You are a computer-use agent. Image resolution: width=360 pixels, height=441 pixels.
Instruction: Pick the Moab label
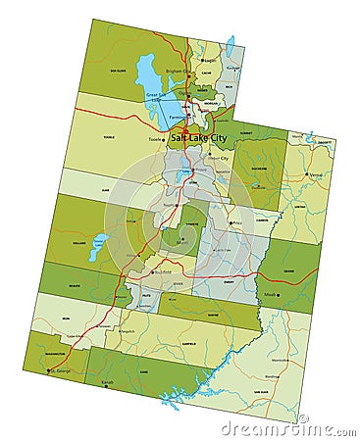pyautogui.click(x=270, y=292)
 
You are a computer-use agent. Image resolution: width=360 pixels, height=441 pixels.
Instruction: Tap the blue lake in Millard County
pyautogui.click(x=98, y=247)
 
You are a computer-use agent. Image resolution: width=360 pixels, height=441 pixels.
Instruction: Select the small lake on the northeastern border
pyautogui.click(x=231, y=45)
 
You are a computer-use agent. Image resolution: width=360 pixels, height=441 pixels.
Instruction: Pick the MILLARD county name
pyautogui.click(x=78, y=243)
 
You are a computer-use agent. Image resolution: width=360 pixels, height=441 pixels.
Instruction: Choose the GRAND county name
pyautogui.click(x=290, y=268)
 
